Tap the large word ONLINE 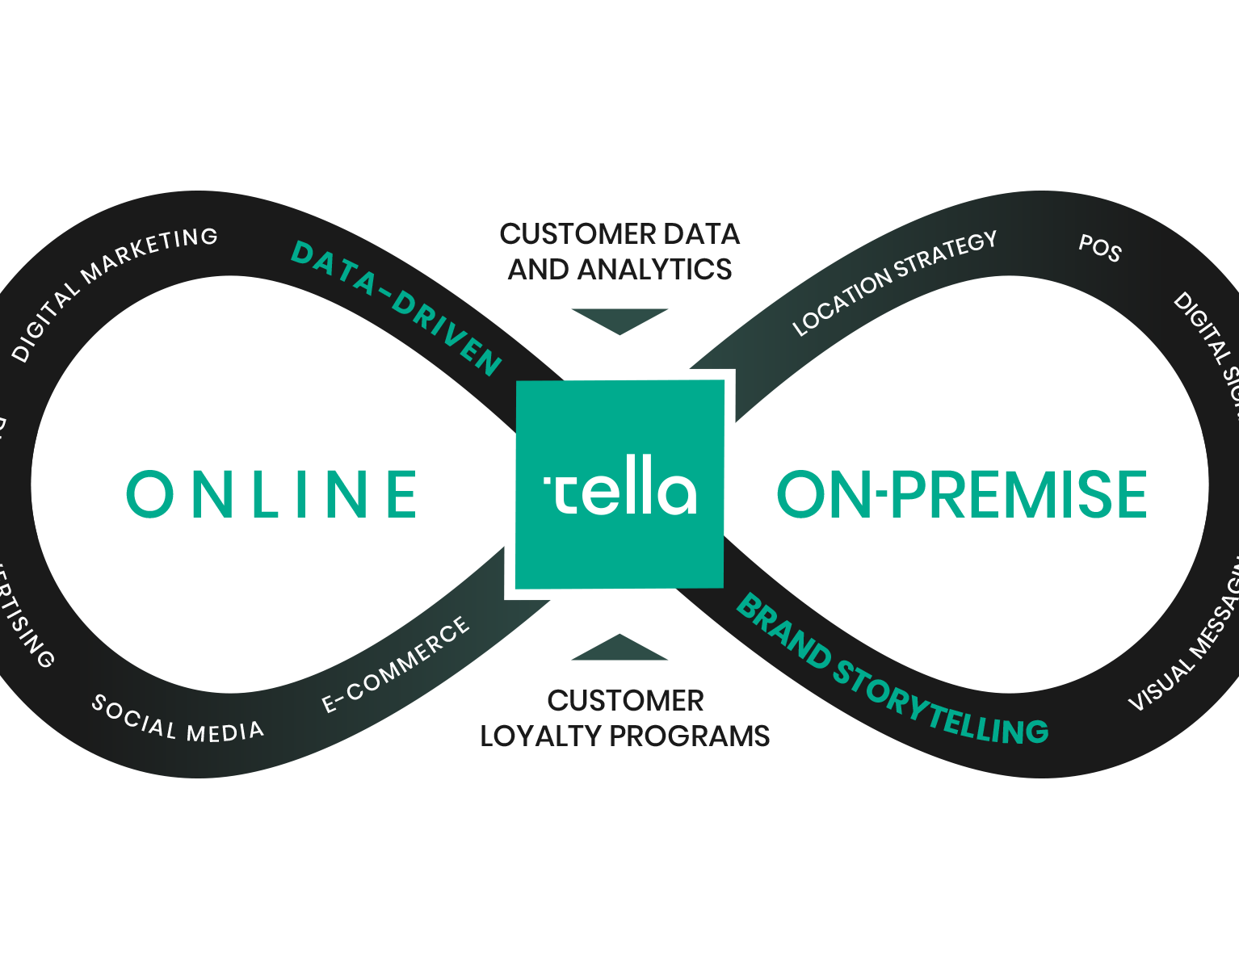[272, 494]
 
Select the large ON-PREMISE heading [961, 494]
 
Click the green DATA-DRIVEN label [396, 308]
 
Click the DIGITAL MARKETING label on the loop [114, 292]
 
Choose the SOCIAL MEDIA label [177, 719]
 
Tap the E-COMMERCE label [396, 665]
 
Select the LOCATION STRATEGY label [894, 283]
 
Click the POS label [1100, 248]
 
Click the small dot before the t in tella [547, 481]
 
